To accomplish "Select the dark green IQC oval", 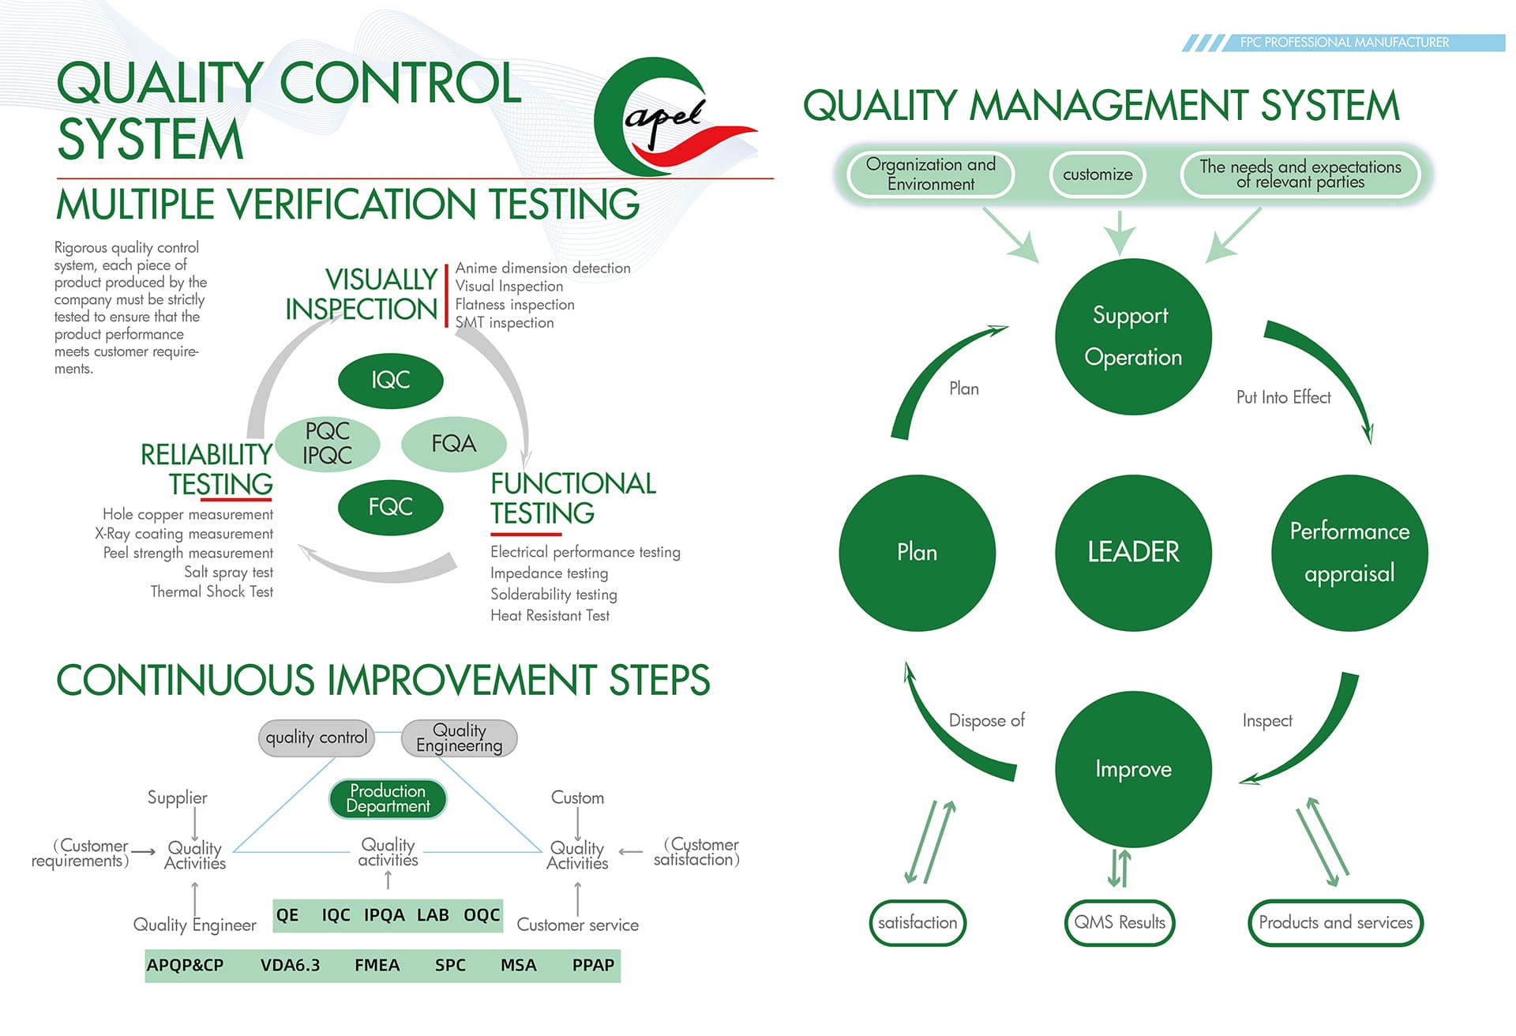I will pos(391,380).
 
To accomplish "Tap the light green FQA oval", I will pos(454,444).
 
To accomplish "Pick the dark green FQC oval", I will pos(391,506).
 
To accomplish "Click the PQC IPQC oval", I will pos(328,444).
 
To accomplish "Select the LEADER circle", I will pos(1133,552).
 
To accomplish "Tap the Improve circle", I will pos(1133,768).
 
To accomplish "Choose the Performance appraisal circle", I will pos(1349,552).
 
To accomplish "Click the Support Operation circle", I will pos(1133,336).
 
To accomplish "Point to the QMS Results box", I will pos(1120,922).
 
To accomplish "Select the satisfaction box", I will pos(917,922).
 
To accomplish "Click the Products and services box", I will pos(1335,922).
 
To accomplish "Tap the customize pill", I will pos(1098,175).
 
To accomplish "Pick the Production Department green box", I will pos(388,798).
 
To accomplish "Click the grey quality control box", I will pos(317,738).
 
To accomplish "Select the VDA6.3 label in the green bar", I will pos(290,965).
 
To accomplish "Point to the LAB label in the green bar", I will pos(433,915).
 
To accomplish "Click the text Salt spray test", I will pos(228,572).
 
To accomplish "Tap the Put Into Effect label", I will pos(1283,397).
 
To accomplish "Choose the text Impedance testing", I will pos(549,573).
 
